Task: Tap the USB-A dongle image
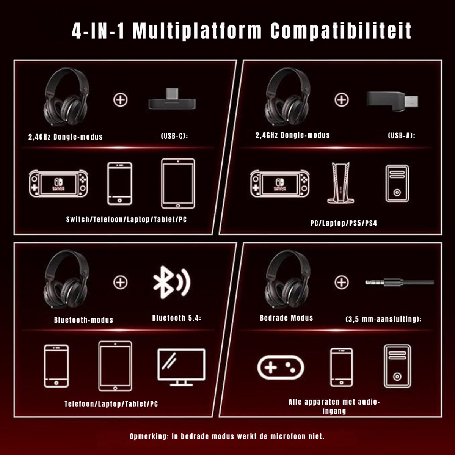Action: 392,102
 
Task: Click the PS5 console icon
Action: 340,183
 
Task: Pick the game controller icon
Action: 281,367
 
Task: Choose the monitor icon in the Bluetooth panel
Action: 181,367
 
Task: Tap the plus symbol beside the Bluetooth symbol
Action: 121,282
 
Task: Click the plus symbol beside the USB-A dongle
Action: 341,100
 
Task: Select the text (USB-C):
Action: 174,136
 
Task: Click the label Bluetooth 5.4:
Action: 177,318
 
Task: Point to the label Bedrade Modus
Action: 286,318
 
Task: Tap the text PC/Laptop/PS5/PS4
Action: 344,223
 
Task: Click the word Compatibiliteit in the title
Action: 341,31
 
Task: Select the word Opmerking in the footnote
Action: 149,436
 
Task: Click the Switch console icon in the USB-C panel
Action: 58,184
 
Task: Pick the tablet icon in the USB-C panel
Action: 178,184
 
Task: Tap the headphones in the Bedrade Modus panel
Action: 287,279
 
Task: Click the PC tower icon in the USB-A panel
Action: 397,184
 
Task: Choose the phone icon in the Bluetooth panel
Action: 56,366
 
